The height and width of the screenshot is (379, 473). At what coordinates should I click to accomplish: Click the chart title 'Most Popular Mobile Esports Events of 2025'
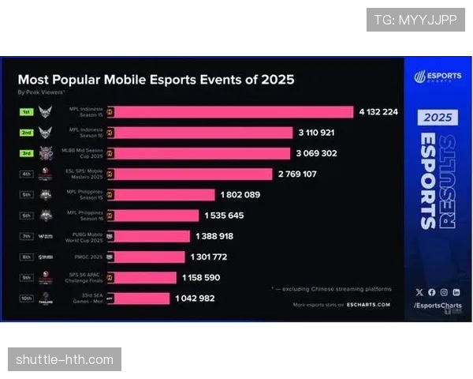(x=156, y=80)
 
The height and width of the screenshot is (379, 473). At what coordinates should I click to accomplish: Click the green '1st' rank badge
(x=25, y=112)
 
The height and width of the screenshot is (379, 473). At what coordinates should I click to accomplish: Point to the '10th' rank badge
(x=25, y=298)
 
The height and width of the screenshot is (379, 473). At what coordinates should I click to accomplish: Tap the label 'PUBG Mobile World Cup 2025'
(x=84, y=236)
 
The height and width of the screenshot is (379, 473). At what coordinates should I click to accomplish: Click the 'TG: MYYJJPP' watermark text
(x=415, y=20)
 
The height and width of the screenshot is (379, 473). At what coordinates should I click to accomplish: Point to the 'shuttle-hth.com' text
(x=65, y=360)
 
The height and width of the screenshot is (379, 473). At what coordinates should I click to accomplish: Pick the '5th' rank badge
(x=25, y=194)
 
